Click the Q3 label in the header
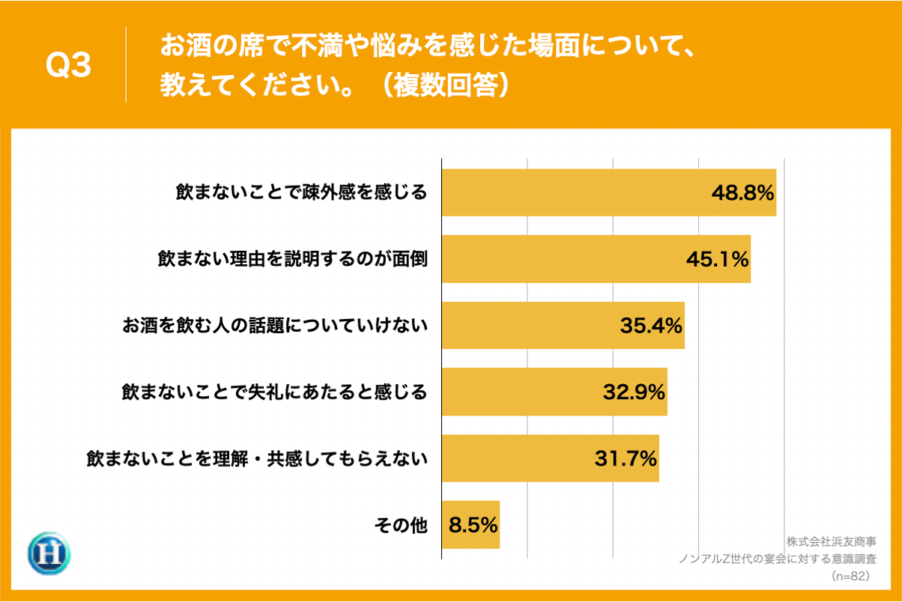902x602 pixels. coord(68,66)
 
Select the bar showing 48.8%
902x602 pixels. coord(608,193)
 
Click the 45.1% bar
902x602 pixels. coord(596,259)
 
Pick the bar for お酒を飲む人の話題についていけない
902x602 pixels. coord(563,326)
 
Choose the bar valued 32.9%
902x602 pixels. coord(554,392)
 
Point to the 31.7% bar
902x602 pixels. coord(550,458)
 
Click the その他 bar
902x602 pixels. coord(470,525)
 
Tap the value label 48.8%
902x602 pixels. coord(742,193)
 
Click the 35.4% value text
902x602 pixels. coord(650,326)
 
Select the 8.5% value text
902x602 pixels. coord(473,525)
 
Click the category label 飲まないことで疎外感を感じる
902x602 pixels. coord(300,192)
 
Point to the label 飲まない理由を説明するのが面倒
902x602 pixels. coord(292,259)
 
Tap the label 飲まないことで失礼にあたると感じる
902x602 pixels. coord(274,392)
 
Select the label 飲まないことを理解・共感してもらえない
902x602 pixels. coord(256,458)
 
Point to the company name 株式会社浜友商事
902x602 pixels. coord(831,541)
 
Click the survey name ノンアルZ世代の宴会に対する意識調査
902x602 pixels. coord(777,559)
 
